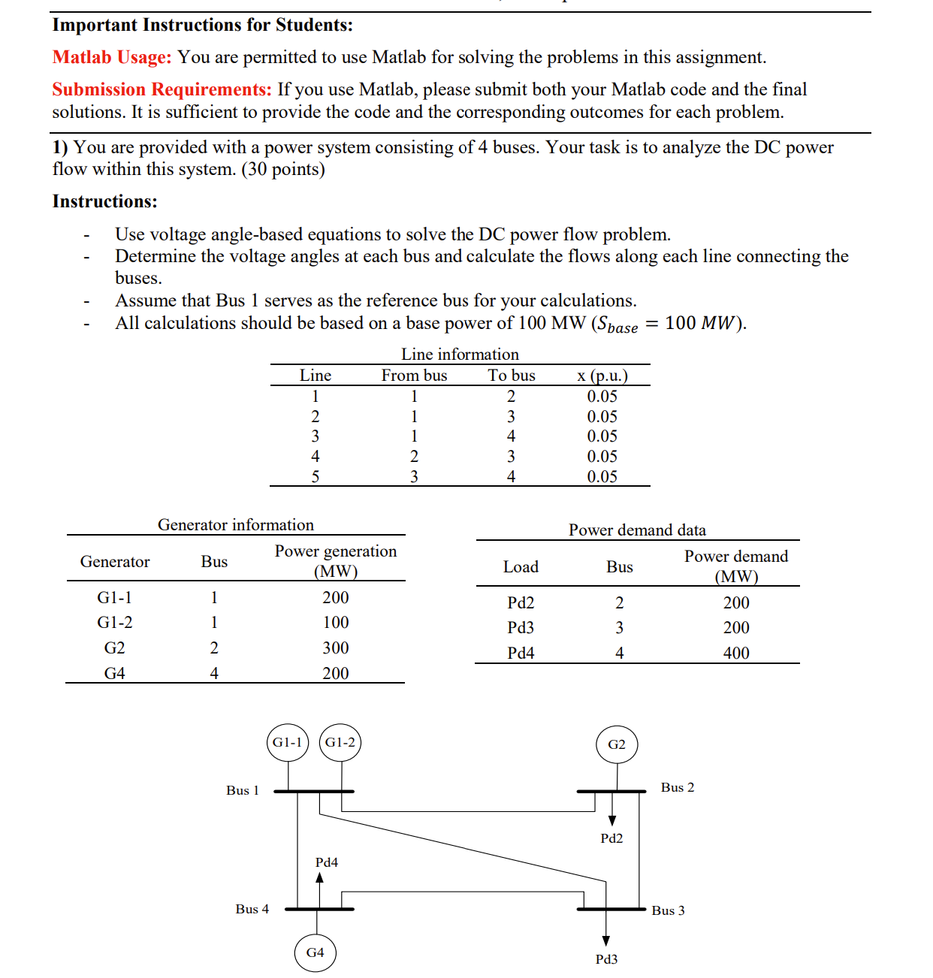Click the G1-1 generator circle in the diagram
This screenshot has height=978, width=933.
pyautogui.click(x=288, y=742)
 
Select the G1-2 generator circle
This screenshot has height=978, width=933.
pyautogui.click(x=340, y=742)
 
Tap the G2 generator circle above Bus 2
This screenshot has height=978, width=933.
pyautogui.click(x=617, y=744)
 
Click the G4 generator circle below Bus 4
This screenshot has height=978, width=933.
pyautogui.click(x=316, y=952)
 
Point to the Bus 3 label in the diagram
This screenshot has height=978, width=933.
pyautogui.click(x=668, y=910)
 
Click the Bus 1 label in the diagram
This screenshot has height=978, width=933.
pyautogui.click(x=243, y=790)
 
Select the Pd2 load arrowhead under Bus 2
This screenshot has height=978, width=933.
pyautogui.click(x=612, y=820)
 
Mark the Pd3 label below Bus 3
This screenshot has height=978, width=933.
pyautogui.click(x=606, y=959)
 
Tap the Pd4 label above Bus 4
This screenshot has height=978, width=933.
pyautogui.click(x=327, y=862)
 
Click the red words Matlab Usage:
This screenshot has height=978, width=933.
pyautogui.click(x=112, y=57)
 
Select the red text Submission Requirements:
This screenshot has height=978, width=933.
pyautogui.click(x=162, y=89)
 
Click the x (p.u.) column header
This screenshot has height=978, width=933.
pyautogui.click(x=602, y=376)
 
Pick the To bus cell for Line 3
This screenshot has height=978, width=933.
pyautogui.click(x=512, y=436)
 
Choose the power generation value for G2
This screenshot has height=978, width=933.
pyautogui.click(x=336, y=647)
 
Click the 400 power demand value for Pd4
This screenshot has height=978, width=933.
pyautogui.click(x=736, y=653)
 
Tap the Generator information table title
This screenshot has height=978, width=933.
pyautogui.click(x=236, y=524)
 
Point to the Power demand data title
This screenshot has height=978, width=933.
pyautogui.click(x=637, y=530)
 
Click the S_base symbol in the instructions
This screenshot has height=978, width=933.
pyautogui.click(x=617, y=324)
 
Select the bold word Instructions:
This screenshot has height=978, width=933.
pyautogui.click(x=105, y=201)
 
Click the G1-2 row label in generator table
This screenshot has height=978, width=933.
pyautogui.click(x=115, y=622)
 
